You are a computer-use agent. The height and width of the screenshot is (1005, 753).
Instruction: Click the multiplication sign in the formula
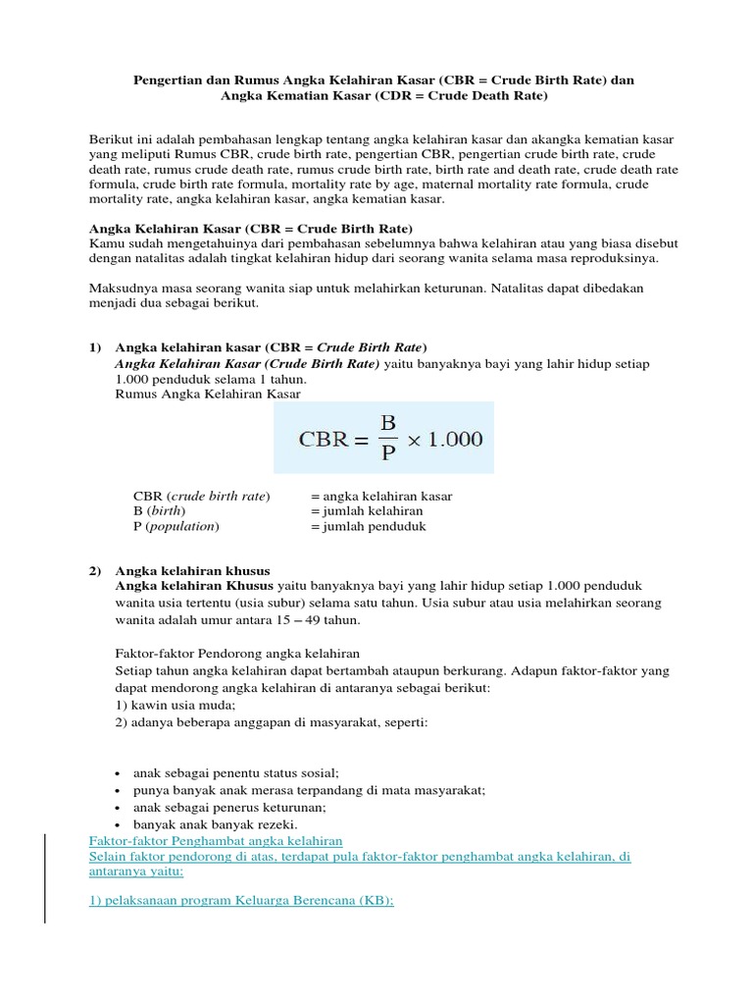(415, 439)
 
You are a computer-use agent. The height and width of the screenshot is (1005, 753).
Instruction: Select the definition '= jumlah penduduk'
(368, 526)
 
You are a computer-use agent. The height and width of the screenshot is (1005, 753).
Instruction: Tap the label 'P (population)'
(176, 526)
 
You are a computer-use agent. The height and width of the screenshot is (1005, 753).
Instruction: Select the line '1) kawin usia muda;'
(176, 705)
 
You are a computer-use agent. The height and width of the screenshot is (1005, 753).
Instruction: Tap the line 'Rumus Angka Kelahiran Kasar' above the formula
(208, 394)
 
